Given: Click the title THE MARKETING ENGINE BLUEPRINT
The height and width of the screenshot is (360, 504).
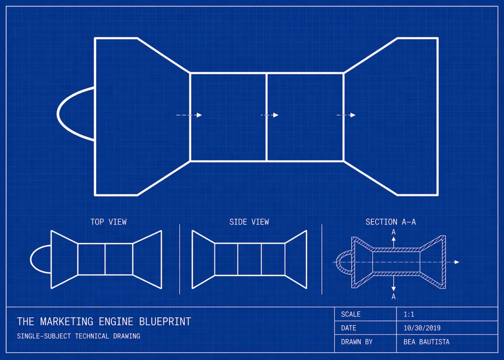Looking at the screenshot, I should (x=104, y=322).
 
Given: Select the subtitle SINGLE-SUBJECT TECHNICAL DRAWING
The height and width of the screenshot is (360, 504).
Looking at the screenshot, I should (x=79, y=336).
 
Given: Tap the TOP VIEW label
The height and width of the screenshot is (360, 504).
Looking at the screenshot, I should (x=108, y=222).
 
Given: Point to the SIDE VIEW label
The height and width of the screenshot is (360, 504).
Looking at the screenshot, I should (x=249, y=222).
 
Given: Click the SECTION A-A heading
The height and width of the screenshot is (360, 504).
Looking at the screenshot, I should (x=391, y=222).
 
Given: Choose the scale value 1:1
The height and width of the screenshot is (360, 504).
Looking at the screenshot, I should (x=409, y=314).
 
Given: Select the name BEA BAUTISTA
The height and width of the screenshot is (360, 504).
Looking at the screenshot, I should (x=426, y=342).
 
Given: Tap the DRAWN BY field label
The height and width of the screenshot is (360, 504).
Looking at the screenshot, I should (x=357, y=342).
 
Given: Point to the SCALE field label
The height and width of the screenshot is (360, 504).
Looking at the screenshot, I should (x=351, y=314).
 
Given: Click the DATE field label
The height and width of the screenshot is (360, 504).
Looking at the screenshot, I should (x=349, y=328).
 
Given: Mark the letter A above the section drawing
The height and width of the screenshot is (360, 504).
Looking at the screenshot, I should (x=394, y=232).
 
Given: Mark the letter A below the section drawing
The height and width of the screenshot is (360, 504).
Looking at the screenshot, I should (x=394, y=297).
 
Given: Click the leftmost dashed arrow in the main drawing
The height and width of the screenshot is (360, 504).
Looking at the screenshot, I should (x=189, y=115).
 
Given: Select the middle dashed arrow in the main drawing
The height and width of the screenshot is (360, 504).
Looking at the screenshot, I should (x=270, y=115).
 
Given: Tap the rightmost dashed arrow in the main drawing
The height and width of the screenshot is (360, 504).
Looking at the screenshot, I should (x=346, y=115).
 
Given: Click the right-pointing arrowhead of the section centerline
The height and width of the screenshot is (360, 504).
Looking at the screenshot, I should (x=457, y=262).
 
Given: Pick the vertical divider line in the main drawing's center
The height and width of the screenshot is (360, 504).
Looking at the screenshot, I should (x=267, y=117).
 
